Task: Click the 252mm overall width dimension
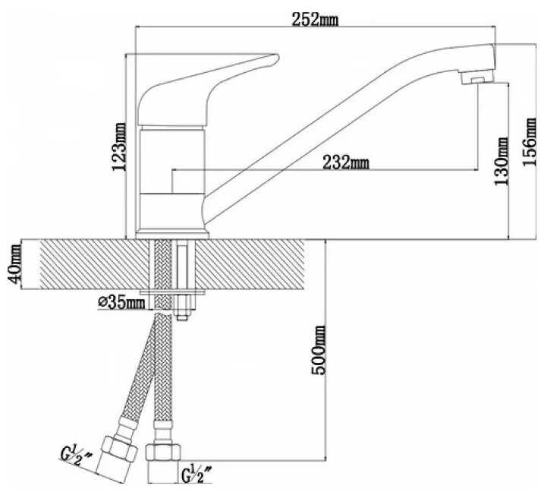pyautogui.click(x=315, y=20)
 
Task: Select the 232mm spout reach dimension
pyautogui.click(x=346, y=162)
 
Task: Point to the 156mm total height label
pyautogui.click(x=530, y=142)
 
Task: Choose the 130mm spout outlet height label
pyautogui.click(x=502, y=162)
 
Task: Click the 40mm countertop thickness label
pyautogui.click(x=14, y=264)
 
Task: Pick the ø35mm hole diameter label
pyautogui.click(x=121, y=303)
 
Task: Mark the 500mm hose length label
pyautogui.click(x=319, y=350)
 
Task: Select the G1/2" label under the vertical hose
pyautogui.click(x=197, y=475)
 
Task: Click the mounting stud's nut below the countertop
pyautogui.click(x=182, y=305)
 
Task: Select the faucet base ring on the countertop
pyautogui.click(x=172, y=235)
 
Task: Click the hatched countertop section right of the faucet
pyautogui.click(x=250, y=264)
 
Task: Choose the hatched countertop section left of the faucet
pyautogui.click(x=95, y=264)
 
